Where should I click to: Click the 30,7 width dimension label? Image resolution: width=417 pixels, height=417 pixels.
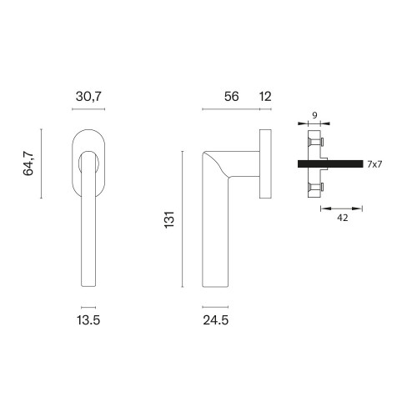88,97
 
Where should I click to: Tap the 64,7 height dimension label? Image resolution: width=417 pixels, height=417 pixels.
28,163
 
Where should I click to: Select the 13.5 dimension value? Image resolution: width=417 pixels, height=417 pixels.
88,320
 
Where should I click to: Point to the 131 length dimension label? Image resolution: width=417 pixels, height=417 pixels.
169,219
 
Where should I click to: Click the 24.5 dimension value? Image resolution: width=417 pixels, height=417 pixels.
216,320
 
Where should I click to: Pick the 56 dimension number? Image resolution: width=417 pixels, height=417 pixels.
232,97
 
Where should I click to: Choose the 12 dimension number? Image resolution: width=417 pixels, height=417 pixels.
265,97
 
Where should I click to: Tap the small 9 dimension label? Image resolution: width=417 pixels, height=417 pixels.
314,115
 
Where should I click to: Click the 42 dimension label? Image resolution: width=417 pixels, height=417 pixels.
343,218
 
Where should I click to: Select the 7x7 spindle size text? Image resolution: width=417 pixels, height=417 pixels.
374,164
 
